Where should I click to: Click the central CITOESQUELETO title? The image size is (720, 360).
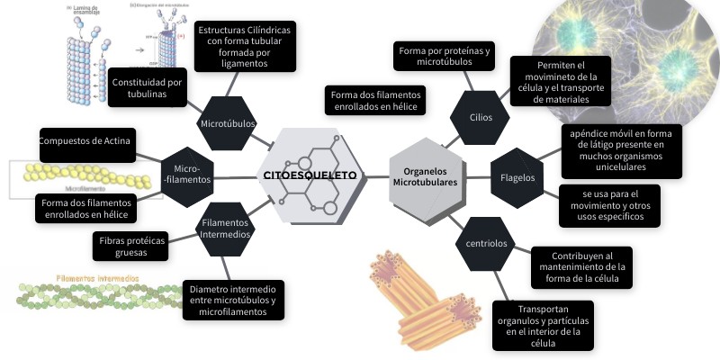click(309, 175)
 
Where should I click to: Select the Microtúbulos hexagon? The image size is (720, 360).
click(228, 122)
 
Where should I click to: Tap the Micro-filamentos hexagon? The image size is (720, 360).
click(186, 173)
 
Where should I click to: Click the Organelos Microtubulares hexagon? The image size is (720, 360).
click(425, 175)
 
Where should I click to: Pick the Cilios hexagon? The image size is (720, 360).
click(481, 117)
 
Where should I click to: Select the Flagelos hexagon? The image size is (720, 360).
click(517, 177)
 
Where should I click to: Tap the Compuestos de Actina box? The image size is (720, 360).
click(86, 142)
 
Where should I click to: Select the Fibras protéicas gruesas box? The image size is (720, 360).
click(130, 247)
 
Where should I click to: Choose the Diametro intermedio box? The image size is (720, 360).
click(232, 300)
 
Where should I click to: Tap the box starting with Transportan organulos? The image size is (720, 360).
click(538, 324)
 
